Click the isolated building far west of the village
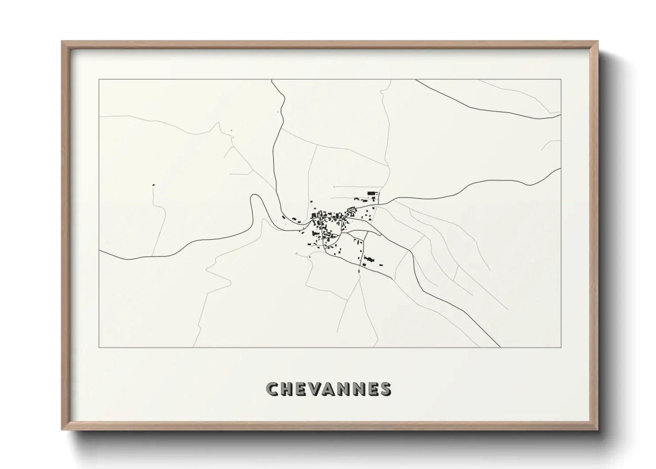154,184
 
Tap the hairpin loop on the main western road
254,198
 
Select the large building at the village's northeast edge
371,193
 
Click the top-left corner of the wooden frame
62,42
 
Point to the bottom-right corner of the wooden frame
597,430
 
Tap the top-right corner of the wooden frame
597,42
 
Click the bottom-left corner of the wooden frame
62,430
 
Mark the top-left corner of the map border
99,80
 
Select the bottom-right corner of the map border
561,347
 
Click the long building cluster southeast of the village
367,259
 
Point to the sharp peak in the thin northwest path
218,123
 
